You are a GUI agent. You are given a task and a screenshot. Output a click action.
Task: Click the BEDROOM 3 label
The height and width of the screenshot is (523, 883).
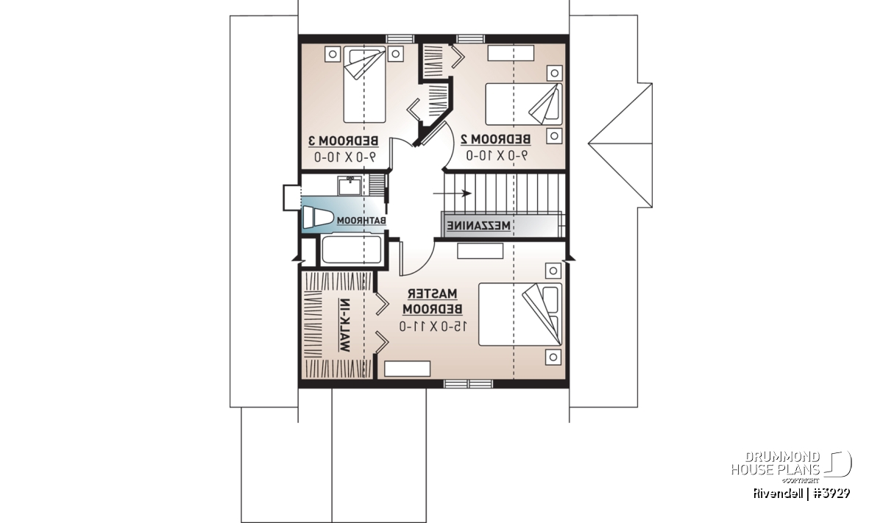[x=343, y=140]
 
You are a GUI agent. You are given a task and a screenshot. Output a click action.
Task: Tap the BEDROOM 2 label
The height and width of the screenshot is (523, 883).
[x=495, y=139]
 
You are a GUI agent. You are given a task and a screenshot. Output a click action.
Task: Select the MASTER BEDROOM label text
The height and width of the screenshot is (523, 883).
[x=433, y=302]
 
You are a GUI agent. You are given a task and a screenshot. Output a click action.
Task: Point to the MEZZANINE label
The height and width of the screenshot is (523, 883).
[x=478, y=226]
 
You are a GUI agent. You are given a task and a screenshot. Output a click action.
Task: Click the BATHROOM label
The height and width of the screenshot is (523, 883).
[x=361, y=221]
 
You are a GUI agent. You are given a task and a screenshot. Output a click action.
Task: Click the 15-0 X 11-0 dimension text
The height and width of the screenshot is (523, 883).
[x=433, y=327]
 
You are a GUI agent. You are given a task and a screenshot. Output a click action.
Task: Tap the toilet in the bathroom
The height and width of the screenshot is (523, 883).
[x=317, y=217]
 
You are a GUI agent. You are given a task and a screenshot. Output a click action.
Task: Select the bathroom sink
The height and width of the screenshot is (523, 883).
[x=350, y=185]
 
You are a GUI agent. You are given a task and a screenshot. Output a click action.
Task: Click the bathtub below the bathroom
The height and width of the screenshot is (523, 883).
[x=351, y=249]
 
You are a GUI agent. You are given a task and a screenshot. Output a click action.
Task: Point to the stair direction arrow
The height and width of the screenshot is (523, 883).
[x=452, y=193]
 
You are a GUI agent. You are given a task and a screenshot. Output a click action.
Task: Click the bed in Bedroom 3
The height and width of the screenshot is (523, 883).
[x=364, y=85]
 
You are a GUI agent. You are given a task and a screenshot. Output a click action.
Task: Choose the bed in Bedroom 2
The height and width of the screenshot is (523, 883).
[x=524, y=104]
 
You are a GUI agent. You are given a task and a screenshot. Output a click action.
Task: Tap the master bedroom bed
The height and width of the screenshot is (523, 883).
[x=520, y=315]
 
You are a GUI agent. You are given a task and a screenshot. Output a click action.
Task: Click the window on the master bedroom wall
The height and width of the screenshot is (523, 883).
[x=468, y=384]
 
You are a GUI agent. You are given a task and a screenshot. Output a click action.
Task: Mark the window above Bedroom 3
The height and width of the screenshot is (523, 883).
[x=400, y=39]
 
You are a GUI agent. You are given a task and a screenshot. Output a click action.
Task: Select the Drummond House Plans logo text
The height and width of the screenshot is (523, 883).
[x=776, y=463]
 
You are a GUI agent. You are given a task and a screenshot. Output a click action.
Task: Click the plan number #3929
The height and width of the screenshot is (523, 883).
[x=831, y=494]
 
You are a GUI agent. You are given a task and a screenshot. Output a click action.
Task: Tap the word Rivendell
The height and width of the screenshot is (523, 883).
[x=779, y=494]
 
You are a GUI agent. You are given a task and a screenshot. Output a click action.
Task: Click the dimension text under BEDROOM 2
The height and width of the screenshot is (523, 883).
[x=496, y=156]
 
